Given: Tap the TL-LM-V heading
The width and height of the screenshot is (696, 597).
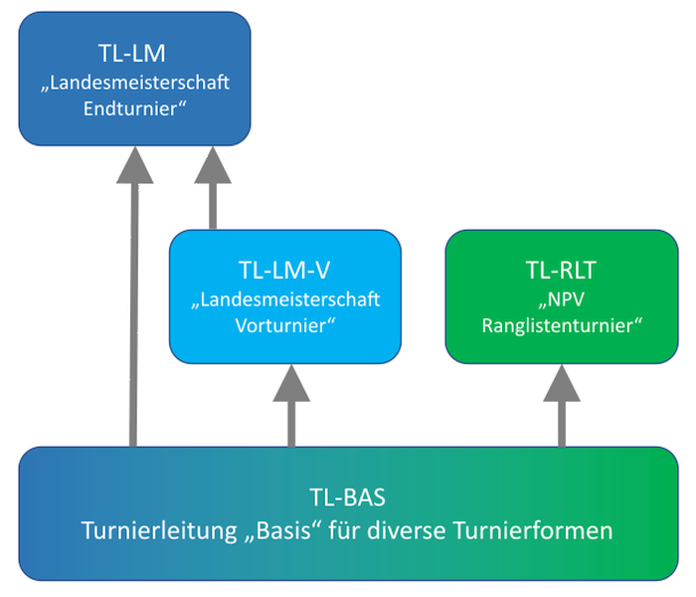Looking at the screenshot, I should click(x=285, y=270).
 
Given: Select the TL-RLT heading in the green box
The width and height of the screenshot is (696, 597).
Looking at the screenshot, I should click(x=560, y=270).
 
